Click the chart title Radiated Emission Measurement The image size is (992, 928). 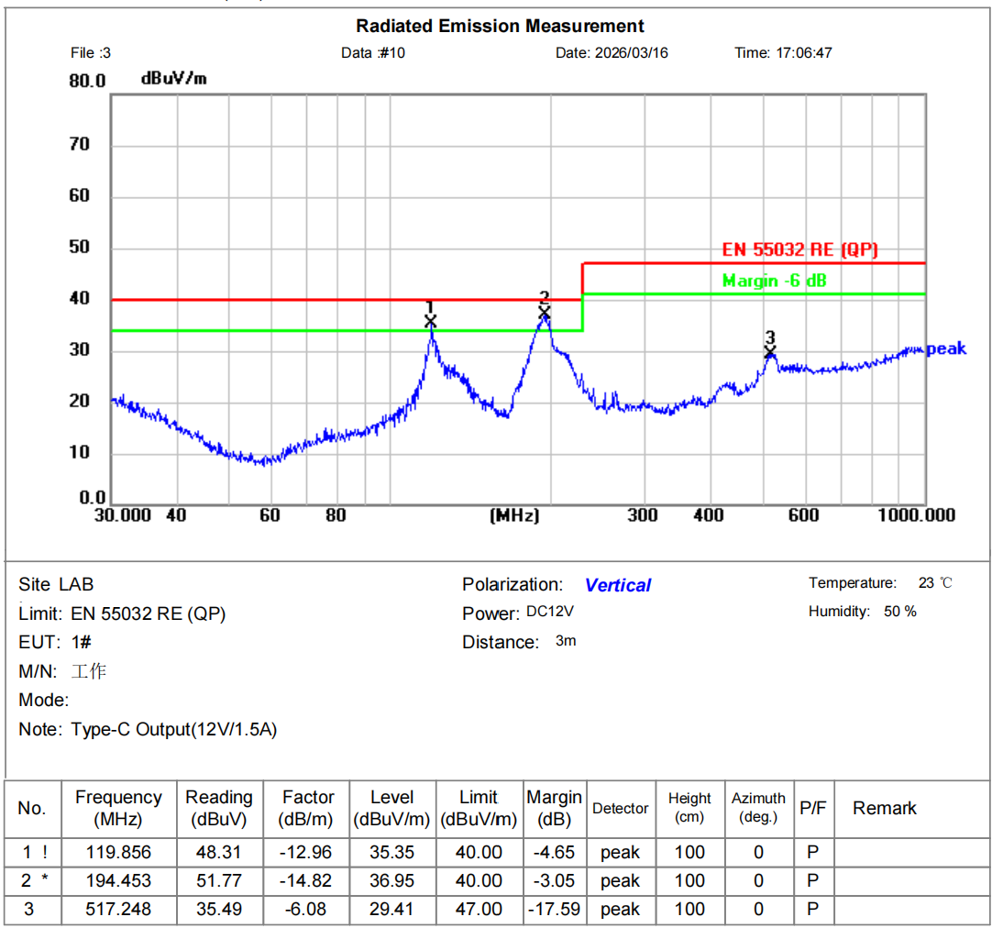click(500, 26)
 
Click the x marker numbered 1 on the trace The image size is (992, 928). click(431, 321)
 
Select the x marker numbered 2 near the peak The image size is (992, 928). click(545, 314)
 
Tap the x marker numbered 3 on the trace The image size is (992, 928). click(770, 352)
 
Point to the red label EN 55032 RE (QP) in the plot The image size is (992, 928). click(800, 249)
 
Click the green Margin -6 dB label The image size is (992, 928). click(774, 281)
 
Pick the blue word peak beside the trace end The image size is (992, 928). click(946, 349)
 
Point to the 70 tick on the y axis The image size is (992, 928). click(80, 144)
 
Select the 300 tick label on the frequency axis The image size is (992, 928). click(643, 515)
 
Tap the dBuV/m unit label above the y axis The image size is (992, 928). click(173, 79)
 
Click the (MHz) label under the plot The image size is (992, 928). click(515, 516)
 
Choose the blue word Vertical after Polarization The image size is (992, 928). click(618, 585)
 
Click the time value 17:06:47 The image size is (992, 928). click(804, 52)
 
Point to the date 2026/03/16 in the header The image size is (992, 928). click(632, 52)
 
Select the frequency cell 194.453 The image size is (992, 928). click(118, 880)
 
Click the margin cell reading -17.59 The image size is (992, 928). click(555, 909)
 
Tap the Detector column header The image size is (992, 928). click(621, 808)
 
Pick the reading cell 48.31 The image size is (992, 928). click(218, 852)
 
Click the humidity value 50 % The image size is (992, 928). click(900, 612)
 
